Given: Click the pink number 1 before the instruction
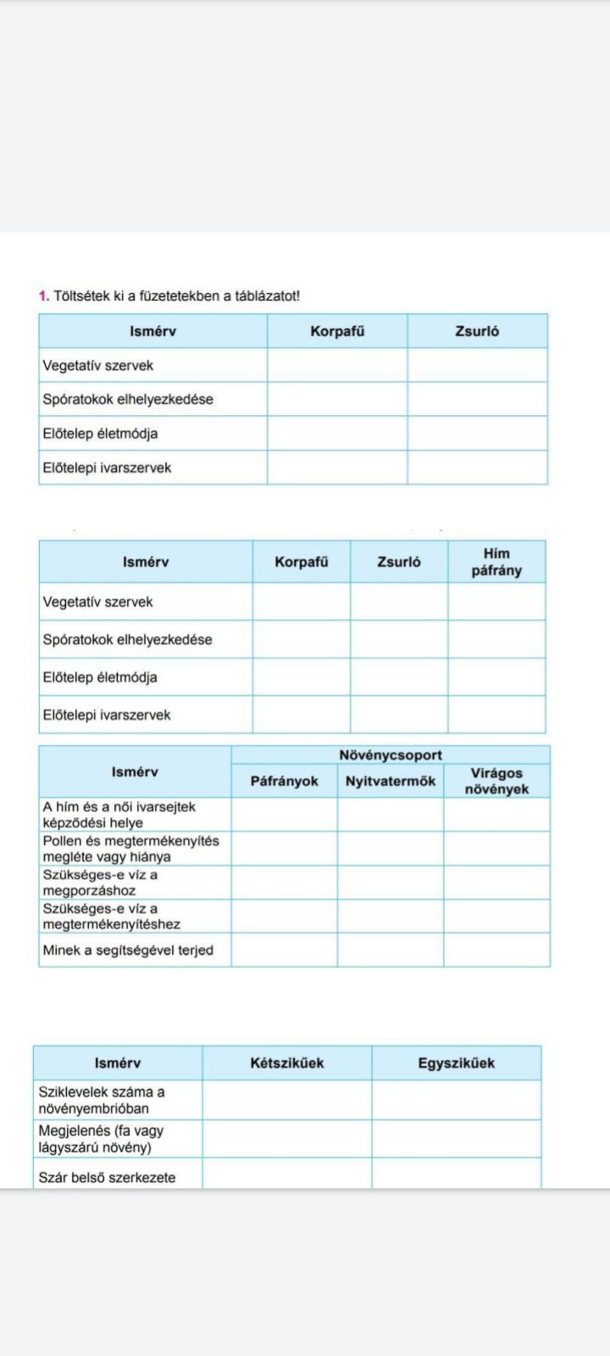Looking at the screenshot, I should tap(42, 296).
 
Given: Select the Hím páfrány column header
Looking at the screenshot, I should tap(496, 562).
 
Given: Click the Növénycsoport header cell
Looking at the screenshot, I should tap(391, 755).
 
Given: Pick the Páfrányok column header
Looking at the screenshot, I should tap(284, 781).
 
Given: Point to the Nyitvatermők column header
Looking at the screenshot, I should tap(391, 781).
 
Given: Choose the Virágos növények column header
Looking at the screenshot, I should tap(496, 781).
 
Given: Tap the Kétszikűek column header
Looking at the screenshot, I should tap(286, 1063).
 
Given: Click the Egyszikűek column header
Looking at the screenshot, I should tap(456, 1063).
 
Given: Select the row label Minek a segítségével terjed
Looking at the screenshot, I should tap(128, 950).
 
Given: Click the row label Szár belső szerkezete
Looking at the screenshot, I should tap(107, 1177).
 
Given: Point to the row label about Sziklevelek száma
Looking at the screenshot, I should tap(102, 1100).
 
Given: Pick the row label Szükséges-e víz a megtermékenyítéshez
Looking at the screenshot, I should tap(111, 916).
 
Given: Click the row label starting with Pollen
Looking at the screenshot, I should tap(130, 848).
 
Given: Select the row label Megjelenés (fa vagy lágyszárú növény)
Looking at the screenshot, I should tap(101, 1139).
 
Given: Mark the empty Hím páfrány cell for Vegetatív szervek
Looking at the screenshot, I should tap(496, 602).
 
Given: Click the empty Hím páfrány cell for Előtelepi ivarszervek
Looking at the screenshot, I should tap(496, 714).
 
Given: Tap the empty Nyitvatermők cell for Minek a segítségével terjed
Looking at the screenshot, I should tap(391, 950).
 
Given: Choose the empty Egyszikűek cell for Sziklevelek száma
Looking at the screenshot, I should tap(456, 1100).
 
